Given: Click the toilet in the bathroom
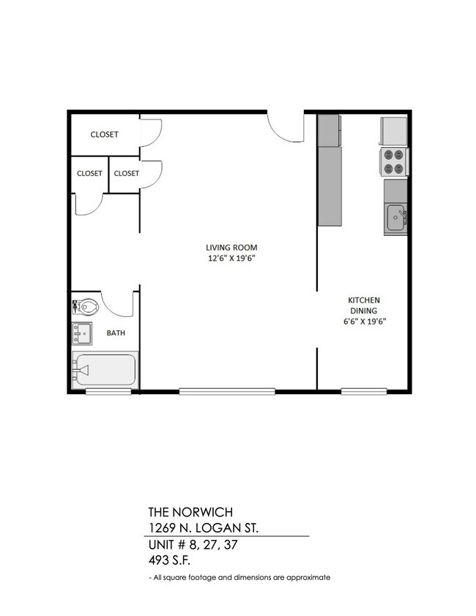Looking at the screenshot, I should pyautogui.click(x=86, y=306).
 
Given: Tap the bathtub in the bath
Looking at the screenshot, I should pyautogui.click(x=105, y=371).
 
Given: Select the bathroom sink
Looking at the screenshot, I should pyautogui.click(x=82, y=334).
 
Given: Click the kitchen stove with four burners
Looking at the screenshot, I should pyautogui.click(x=394, y=162).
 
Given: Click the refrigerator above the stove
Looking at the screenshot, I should pyautogui.click(x=393, y=131).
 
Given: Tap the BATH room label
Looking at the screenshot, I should pyautogui.click(x=116, y=333).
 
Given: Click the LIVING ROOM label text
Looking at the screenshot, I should pyautogui.click(x=231, y=247).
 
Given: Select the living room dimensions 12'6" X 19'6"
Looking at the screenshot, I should pyautogui.click(x=231, y=259).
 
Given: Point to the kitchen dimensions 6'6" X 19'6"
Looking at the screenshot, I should pyautogui.click(x=363, y=321).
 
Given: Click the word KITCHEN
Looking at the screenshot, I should pyautogui.click(x=363, y=300).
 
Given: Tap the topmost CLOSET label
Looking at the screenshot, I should pyautogui.click(x=104, y=135).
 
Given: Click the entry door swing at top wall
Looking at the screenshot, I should pyautogui.click(x=286, y=126).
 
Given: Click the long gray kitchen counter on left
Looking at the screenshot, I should pyautogui.click(x=330, y=186).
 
